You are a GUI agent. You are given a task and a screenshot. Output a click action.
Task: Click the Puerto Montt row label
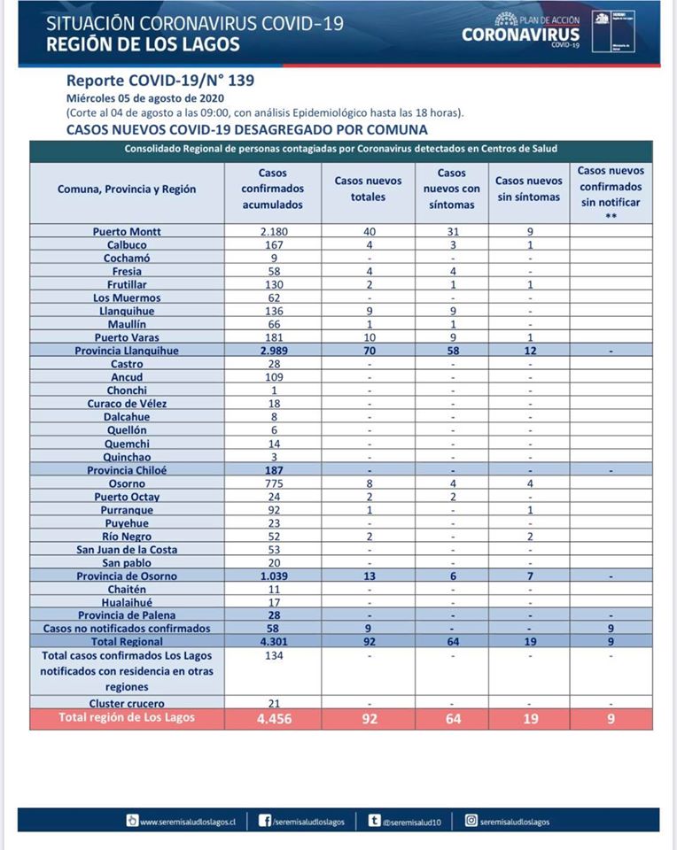(127, 232)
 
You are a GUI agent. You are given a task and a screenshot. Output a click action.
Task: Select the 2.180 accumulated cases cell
(272, 232)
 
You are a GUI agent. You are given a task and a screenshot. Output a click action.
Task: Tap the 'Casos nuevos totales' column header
(368, 189)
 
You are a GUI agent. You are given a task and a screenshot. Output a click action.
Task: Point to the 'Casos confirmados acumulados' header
(272, 189)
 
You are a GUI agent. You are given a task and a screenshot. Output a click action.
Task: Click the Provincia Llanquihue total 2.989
(272, 351)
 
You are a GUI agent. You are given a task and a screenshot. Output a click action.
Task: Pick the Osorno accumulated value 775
(272, 483)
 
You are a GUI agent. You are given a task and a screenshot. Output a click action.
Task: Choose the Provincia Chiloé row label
(127, 470)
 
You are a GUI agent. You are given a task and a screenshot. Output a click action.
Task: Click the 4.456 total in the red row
(272, 718)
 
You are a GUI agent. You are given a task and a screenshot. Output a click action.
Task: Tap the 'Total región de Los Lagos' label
(127, 717)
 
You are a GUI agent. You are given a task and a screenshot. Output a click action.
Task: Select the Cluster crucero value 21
(272, 702)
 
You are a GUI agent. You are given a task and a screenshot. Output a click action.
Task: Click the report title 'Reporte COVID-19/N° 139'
(160, 80)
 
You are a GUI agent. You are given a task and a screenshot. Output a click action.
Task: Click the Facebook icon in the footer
(264, 821)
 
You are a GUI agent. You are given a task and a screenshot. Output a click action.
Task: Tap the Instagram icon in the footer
(471, 821)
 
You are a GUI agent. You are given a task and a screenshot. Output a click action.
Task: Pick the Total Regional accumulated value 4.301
(272, 641)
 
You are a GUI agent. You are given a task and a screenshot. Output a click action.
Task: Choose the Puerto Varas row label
(127, 337)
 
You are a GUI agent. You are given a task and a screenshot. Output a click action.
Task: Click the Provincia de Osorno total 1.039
(272, 576)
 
